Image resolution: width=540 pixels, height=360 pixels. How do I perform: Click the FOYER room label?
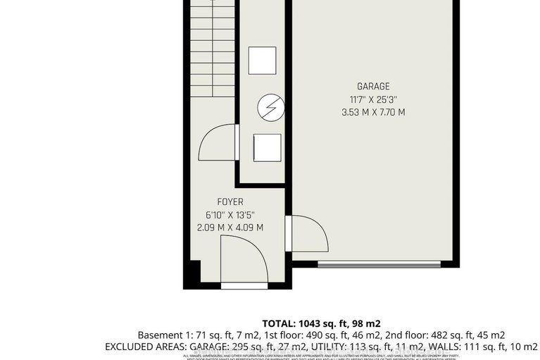[230, 201]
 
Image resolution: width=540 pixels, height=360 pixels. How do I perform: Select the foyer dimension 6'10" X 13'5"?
[230, 214]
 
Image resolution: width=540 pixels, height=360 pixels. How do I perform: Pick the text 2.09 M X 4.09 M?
[230, 228]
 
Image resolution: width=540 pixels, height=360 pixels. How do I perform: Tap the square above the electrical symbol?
[266, 59]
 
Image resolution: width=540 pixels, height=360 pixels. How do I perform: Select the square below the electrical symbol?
[266, 148]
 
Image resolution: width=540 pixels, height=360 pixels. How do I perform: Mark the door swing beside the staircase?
[218, 144]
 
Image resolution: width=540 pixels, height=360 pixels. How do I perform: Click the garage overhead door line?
[379, 264]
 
